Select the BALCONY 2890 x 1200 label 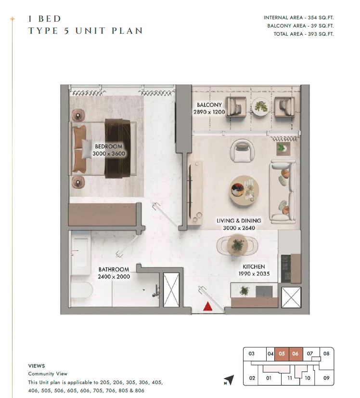[209, 108]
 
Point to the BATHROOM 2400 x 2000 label [114, 273]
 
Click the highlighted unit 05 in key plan [282, 354]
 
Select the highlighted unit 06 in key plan [296, 354]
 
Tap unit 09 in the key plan [326, 378]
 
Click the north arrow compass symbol [229, 380]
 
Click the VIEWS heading [37, 366]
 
